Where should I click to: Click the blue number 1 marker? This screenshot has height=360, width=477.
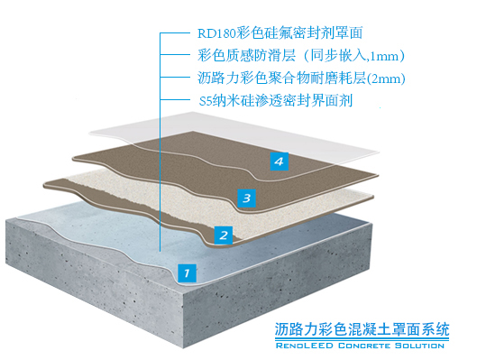click(187, 270)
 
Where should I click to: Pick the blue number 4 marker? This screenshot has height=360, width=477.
click(280, 161)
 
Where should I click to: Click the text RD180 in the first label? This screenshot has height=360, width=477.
click(216, 34)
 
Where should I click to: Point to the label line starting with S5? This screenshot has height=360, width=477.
click(274, 100)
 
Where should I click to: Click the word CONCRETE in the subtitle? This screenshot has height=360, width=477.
click(364, 346)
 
